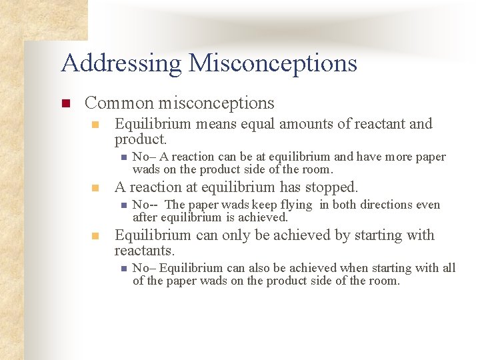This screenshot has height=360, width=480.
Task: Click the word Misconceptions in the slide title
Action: click(x=273, y=63)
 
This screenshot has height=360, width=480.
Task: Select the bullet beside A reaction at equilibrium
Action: click(x=96, y=188)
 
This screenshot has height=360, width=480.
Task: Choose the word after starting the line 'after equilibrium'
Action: click(x=146, y=217)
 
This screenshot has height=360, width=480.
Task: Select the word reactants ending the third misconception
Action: click(x=143, y=251)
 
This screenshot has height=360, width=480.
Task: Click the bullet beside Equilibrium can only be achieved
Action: click(x=96, y=236)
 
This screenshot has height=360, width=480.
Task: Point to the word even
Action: click(x=429, y=205)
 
